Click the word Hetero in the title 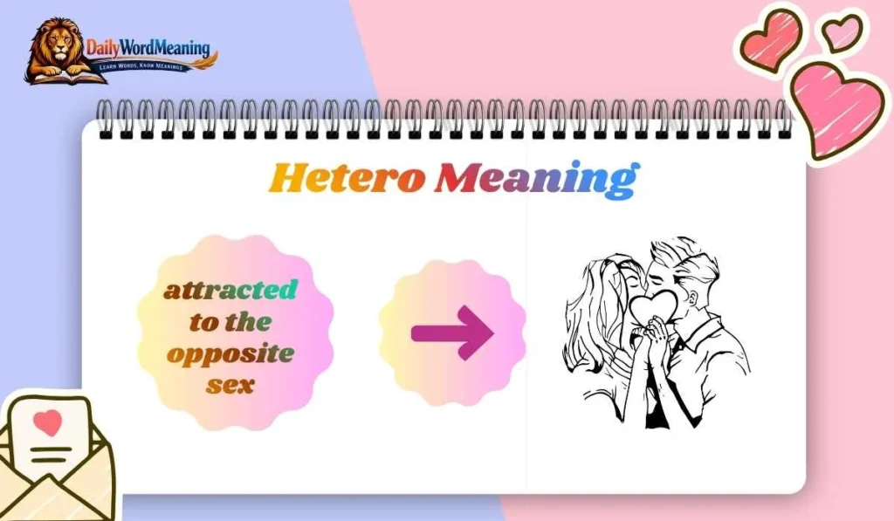pos(347,177)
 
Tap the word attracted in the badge pos(230,290)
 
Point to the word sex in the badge pos(230,383)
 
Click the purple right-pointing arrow pos(451,332)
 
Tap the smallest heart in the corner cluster pos(842,33)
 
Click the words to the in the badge pos(230,322)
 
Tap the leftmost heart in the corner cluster pos(772,39)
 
